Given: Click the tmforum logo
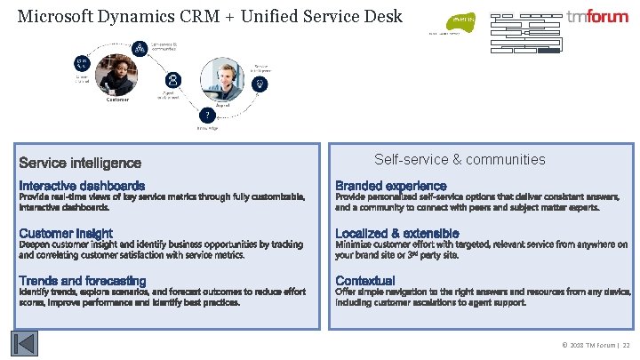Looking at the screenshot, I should click(x=596, y=17).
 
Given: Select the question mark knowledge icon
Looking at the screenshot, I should click(x=206, y=116).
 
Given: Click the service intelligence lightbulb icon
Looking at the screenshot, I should click(x=260, y=84).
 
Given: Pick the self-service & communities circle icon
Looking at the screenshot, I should click(x=140, y=46).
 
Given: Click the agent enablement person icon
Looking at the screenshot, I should click(x=172, y=80).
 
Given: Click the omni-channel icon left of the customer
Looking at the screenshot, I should click(x=82, y=63).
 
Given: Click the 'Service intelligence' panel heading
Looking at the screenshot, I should click(x=80, y=163).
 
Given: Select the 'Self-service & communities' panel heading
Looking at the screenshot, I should click(x=460, y=160).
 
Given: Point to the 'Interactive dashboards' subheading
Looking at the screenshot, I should click(x=82, y=186).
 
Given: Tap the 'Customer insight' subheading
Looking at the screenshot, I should click(x=66, y=234).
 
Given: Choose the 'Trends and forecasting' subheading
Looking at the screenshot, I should click(x=83, y=281).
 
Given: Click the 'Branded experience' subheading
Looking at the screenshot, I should click(x=390, y=186).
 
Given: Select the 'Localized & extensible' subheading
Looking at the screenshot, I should click(x=397, y=234).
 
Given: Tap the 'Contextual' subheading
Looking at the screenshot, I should click(x=365, y=281).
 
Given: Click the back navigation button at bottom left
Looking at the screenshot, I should click(x=25, y=343).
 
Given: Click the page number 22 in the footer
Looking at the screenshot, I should click(x=625, y=344).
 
